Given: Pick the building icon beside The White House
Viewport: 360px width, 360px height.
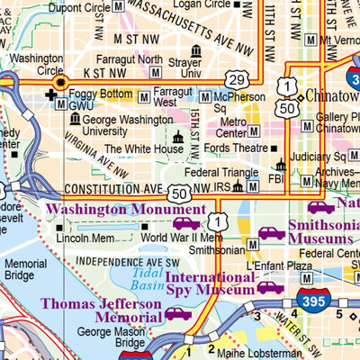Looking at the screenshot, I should [178, 138].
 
